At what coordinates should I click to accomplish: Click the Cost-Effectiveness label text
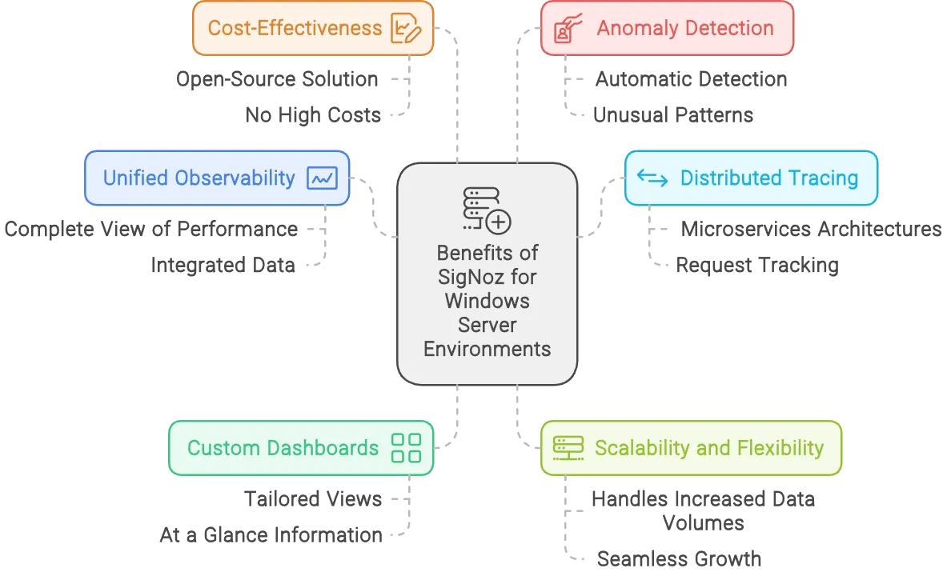tap(295, 28)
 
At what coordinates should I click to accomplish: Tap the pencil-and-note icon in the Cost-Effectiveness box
tap(405, 29)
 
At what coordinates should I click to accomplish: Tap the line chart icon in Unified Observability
tap(323, 178)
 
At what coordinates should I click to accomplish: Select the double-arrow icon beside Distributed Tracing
tap(652, 178)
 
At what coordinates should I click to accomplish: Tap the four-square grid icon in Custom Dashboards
tap(406, 448)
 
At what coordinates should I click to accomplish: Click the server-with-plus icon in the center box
tap(487, 210)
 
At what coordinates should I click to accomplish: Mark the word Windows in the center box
tap(487, 301)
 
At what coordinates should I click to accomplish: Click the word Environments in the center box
tap(487, 349)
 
